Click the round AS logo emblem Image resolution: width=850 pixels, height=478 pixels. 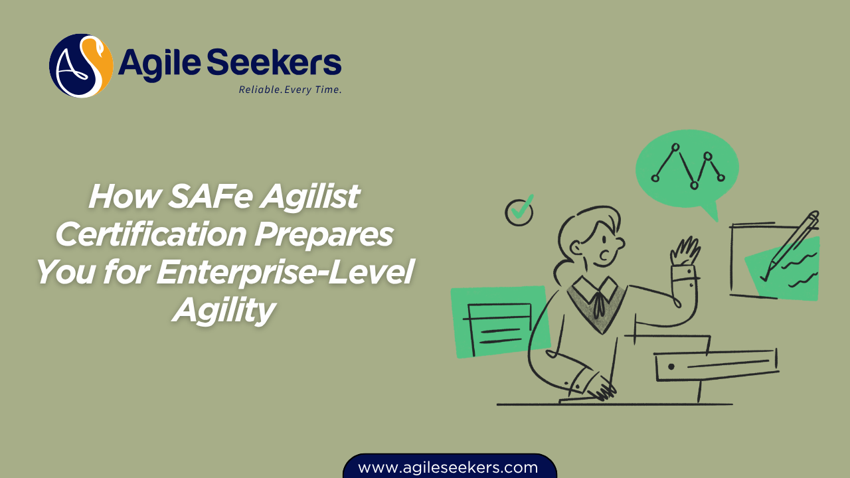[x=81, y=66]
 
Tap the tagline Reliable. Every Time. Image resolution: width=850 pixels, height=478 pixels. [x=290, y=90]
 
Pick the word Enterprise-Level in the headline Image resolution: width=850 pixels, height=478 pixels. [x=285, y=273]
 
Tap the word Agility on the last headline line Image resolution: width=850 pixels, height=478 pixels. [x=224, y=310]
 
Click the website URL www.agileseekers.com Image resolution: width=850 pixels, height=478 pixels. [x=448, y=467]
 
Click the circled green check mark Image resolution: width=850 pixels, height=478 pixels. [x=520, y=210]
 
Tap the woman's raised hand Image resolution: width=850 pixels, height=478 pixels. [x=685, y=253]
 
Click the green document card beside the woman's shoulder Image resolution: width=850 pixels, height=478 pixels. [x=499, y=323]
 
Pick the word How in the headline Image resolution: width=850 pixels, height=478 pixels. [x=119, y=196]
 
